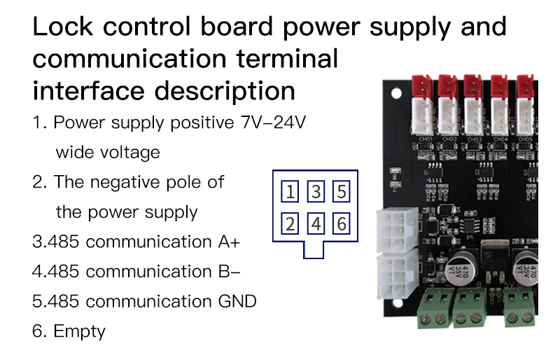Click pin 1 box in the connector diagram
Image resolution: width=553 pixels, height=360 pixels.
coord(290,191)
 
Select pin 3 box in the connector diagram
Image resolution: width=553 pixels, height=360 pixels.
coord(316,191)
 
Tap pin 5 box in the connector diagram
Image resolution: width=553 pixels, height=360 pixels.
coord(342,191)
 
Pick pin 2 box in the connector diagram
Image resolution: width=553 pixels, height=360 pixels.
coord(290,223)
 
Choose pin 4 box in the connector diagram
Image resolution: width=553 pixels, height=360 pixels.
coord(316,223)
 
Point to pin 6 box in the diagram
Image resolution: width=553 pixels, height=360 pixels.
coord(342,223)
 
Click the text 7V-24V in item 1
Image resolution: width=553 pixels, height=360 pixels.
coord(273,123)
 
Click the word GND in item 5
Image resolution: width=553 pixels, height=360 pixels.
coord(237,301)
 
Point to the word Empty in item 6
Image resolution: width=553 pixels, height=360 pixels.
coord(79,332)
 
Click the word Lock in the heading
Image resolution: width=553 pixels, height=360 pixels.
coord(63,27)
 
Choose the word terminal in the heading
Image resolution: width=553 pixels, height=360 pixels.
coord(287,59)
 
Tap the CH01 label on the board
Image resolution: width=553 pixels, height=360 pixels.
coord(426,139)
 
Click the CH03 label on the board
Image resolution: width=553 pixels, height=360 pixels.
coord(475,139)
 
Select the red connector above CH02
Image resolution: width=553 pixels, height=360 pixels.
coord(447,86)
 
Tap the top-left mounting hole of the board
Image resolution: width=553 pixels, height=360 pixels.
coord(396,93)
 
